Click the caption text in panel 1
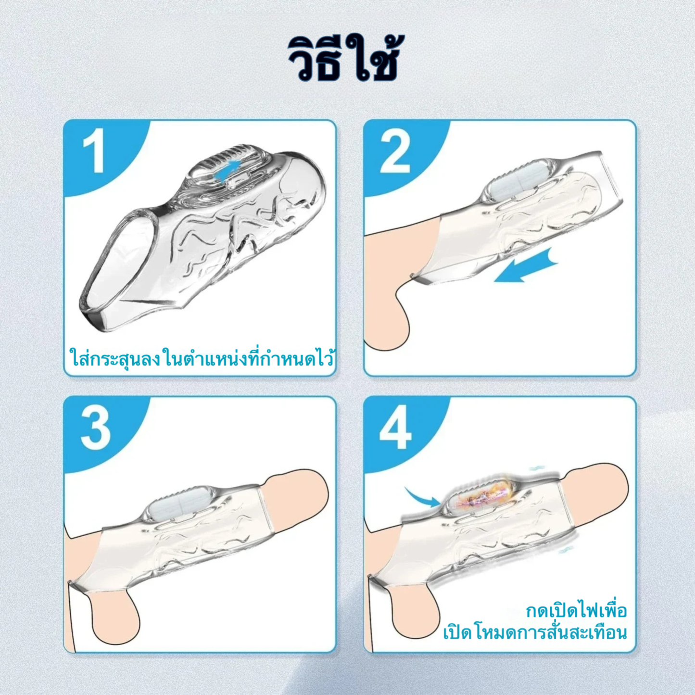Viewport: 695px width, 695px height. (x=201, y=359)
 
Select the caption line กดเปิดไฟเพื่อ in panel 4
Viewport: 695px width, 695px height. (x=576, y=611)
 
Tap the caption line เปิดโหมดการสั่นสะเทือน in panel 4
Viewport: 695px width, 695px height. (x=535, y=632)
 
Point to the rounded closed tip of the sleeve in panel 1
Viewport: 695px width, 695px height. (x=308, y=178)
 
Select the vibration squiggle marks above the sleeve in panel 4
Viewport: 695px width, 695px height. (x=536, y=468)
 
